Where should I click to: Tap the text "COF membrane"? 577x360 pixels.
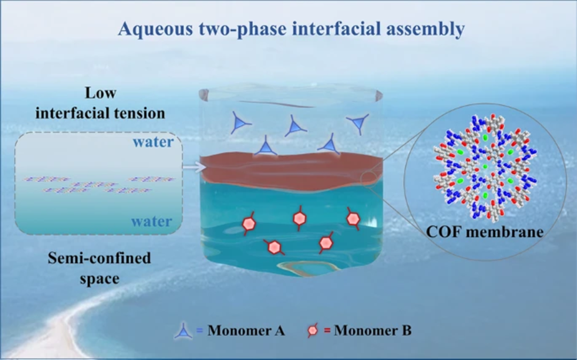(485, 232)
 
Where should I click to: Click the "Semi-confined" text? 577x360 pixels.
(99, 259)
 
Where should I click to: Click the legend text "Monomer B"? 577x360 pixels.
(373, 331)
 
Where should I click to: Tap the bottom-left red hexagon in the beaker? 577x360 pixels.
(274, 247)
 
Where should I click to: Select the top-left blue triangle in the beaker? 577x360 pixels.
(239, 124)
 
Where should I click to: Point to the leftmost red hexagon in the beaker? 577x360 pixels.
(248, 224)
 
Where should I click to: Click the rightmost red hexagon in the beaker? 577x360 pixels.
(352, 218)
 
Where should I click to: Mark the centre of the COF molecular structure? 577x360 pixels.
(485, 167)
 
